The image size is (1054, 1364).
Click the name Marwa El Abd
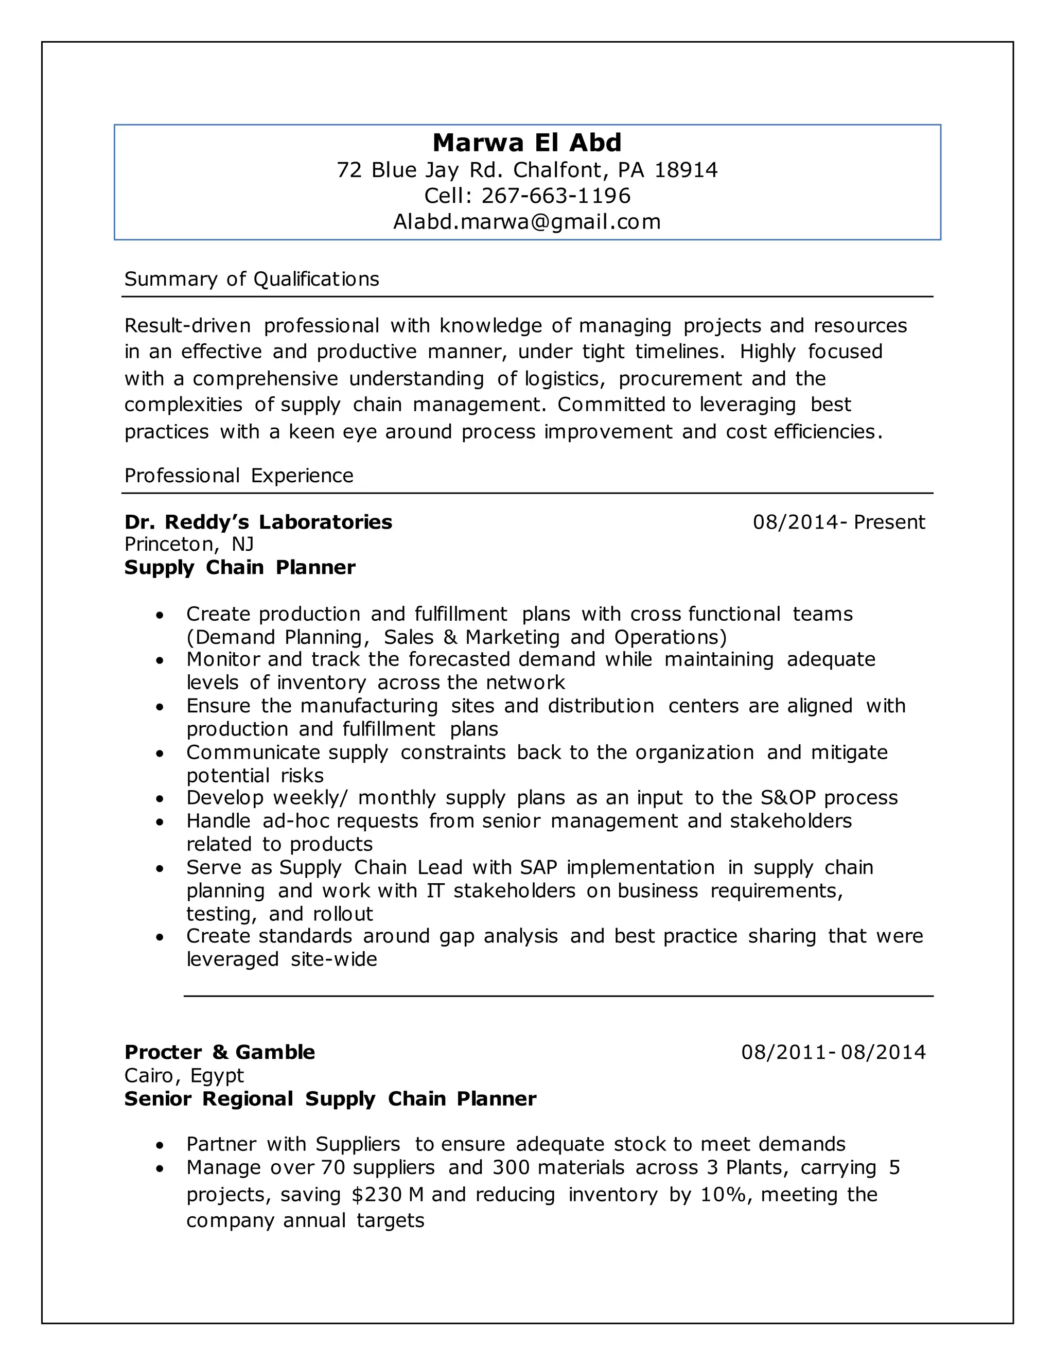[527, 143]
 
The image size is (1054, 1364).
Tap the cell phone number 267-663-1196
[556, 196]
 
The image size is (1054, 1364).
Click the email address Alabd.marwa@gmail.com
[527, 222]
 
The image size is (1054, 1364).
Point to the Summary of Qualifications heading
[252, 278]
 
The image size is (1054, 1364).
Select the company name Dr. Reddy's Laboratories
[258, 522]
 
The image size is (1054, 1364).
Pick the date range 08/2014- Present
[838, 522]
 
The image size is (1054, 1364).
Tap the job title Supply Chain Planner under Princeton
[240, 568]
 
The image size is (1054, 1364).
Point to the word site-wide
[334, 959]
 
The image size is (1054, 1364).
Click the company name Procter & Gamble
[220, 1053]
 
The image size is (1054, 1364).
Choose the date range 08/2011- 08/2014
[833, 1053]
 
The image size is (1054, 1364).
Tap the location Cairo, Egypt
[184, 1075]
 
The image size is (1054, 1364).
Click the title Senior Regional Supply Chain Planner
[330, 1099]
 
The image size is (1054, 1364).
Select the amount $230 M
[388, 1195]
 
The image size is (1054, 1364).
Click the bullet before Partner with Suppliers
[161, 1145]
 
